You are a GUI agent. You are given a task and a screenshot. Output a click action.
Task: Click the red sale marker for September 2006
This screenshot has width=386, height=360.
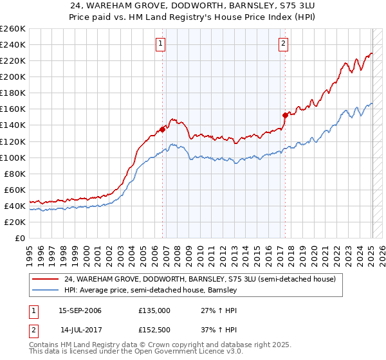click(x=162, y=129)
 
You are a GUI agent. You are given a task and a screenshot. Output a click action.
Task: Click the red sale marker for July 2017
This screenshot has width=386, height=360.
click(x=285, y=115)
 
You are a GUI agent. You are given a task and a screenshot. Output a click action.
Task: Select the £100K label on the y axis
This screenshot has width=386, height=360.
click(x=13, y=157)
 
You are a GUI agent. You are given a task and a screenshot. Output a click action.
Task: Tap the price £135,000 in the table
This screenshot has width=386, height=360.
click(x=154, y=310)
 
